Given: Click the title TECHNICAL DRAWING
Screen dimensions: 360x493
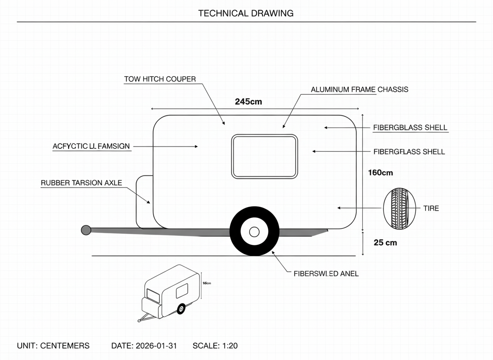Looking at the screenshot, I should coord(246,13).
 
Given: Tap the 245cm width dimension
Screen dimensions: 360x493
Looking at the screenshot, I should coord(249,101).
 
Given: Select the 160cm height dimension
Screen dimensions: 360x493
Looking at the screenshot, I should coord(380,172).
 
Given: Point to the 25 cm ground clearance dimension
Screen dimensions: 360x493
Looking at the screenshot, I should coord(385,242).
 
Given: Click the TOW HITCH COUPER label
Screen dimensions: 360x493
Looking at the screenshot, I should coord(160,79).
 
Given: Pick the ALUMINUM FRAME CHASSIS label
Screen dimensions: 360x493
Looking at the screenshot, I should coord(359,90).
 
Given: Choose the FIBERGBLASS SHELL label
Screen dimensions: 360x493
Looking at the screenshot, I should coord(410,127).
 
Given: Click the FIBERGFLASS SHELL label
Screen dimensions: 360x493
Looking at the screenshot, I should coord(409,152).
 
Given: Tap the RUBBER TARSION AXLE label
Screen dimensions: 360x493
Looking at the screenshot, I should coord(82,183).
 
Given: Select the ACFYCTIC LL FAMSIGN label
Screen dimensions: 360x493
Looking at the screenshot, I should coord(91,146).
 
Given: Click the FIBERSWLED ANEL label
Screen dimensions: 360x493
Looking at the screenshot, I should coord(326,274).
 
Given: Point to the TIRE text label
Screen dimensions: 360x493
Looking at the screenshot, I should coord(431,208).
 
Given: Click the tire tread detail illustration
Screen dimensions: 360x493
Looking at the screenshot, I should coord(399,208).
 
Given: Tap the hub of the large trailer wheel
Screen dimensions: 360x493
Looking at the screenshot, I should coord(254,231).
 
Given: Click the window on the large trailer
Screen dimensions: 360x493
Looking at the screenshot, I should coord(265,157).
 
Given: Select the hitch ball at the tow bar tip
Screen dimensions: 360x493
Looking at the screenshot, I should coord(86,230).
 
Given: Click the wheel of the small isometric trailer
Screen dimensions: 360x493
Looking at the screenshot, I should coord(181,309).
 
